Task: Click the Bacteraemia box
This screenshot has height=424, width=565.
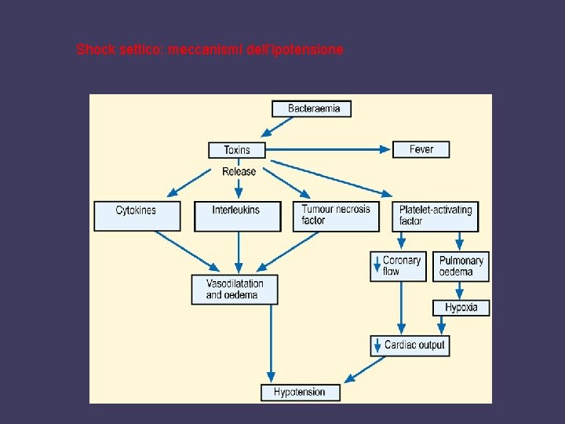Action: [312, 108]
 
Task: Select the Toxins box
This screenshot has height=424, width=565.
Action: [237, 149]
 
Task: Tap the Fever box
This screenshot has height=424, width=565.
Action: [421, 149]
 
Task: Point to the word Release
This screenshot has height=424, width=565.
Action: [239, 171]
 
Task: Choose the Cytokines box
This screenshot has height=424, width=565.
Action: [137, 216]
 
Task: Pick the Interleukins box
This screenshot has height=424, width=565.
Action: [237, 216]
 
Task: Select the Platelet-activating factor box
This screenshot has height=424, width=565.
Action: [437, 216]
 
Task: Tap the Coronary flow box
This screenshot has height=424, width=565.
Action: [399, 266]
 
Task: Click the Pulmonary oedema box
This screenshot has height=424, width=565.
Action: [461, 266]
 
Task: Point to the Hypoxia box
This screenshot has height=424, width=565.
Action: [461, 307]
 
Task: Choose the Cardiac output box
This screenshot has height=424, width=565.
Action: [410, 345]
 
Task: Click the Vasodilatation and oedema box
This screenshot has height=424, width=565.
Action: [235, 289]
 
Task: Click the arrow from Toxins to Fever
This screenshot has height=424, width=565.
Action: [330, 149]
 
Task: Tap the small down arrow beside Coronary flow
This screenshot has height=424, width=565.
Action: [377, 265]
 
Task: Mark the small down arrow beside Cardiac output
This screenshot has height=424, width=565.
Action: [377, 345]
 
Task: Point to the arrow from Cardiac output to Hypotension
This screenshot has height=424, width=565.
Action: [367, 367]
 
